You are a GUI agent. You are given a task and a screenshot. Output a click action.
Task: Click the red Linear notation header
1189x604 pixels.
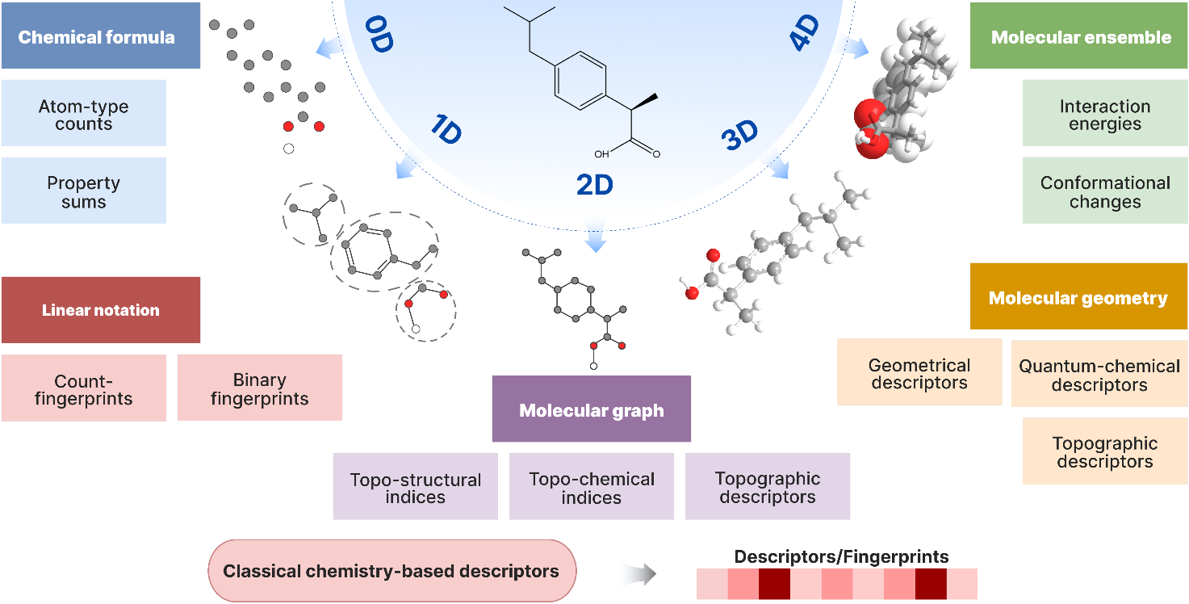100,310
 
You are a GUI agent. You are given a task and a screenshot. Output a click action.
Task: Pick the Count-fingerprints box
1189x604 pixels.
83,388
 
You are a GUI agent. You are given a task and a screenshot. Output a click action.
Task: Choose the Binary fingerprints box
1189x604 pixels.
259,388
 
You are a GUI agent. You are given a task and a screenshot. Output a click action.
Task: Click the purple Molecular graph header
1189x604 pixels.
591,409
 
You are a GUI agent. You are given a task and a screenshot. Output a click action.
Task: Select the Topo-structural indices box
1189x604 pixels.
415,487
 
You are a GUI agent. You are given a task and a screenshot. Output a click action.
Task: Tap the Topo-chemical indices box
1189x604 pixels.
591,487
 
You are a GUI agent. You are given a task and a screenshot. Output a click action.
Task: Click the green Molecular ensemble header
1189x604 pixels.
1079,36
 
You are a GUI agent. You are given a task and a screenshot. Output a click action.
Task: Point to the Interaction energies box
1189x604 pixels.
1104,114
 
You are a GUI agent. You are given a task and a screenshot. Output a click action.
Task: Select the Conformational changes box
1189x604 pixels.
1104,191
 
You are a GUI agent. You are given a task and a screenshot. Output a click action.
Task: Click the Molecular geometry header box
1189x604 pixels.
1078,297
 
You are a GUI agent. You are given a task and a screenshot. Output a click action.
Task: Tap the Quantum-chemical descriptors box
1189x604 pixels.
1099,374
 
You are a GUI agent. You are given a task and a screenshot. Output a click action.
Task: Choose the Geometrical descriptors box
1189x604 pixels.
919,372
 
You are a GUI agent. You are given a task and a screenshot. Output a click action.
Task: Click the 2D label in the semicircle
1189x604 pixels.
595,184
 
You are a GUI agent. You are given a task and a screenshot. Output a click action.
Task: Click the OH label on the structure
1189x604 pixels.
601,153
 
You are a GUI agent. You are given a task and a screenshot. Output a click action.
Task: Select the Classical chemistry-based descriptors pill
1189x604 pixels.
391,571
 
